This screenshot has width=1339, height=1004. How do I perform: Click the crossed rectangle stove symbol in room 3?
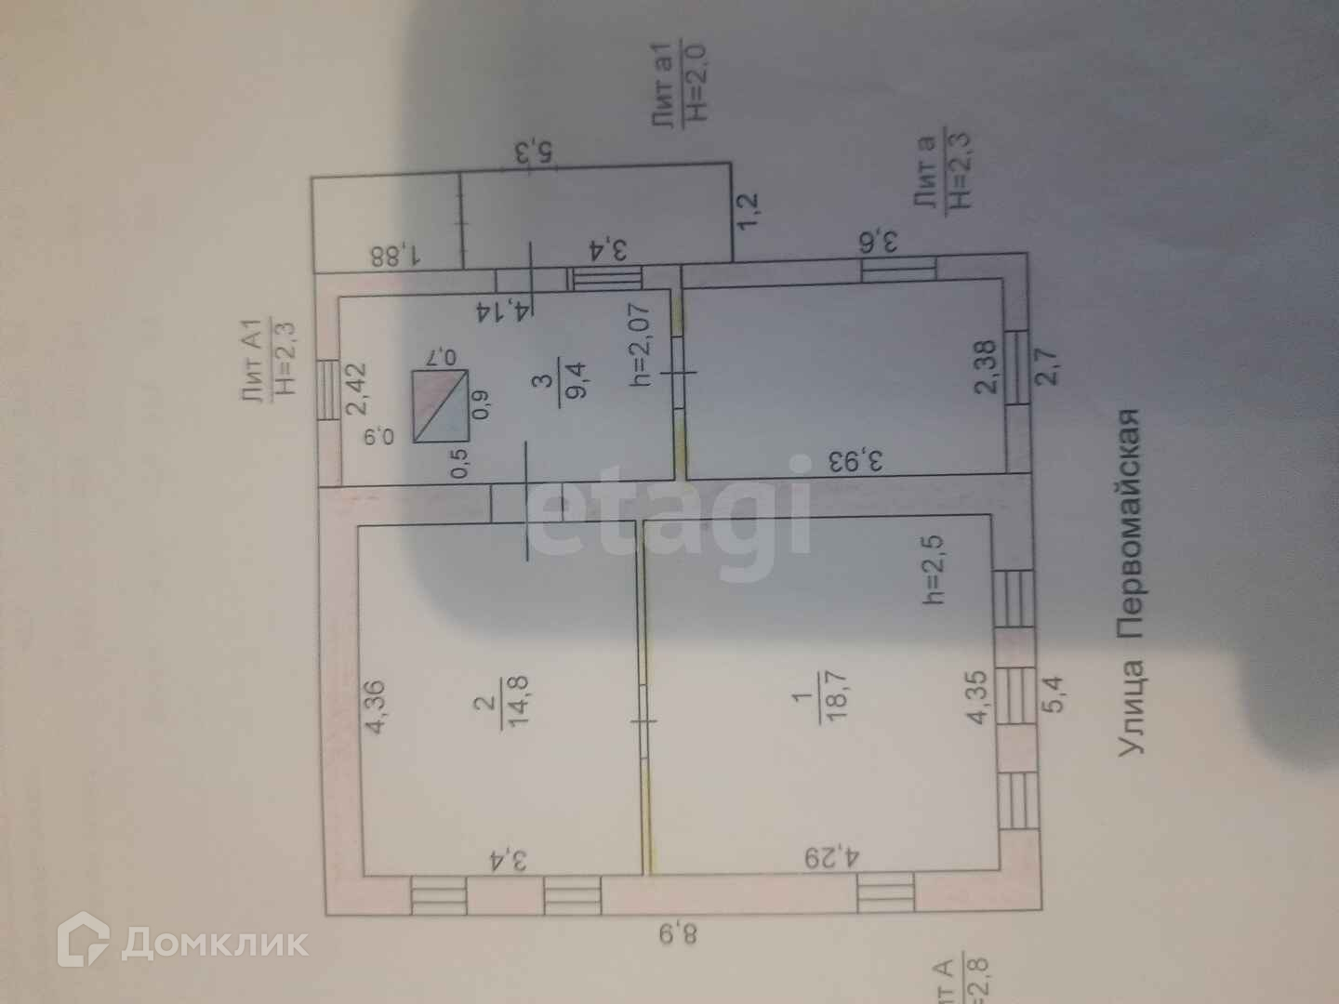(x=441, y=405)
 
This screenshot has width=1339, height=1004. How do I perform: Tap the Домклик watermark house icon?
(x=84, y=942)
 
